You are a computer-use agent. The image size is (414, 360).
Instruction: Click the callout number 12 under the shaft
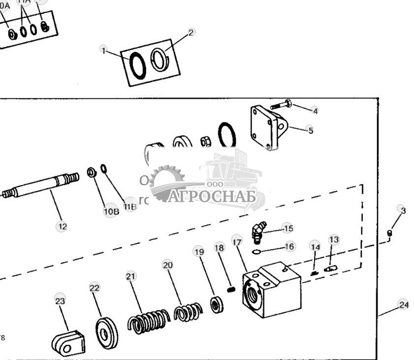pos(62,227)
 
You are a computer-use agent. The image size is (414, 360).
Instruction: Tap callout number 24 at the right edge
pos(404,305)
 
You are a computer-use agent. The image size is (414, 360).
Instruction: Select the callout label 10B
pos(111,211)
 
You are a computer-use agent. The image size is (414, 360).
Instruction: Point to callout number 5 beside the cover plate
pos(310,130)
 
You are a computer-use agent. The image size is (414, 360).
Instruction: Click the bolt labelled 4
pos(281,105)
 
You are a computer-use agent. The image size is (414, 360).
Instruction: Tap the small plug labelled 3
pos(389,233)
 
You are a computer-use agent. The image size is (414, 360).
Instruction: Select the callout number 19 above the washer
pos(199,252)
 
